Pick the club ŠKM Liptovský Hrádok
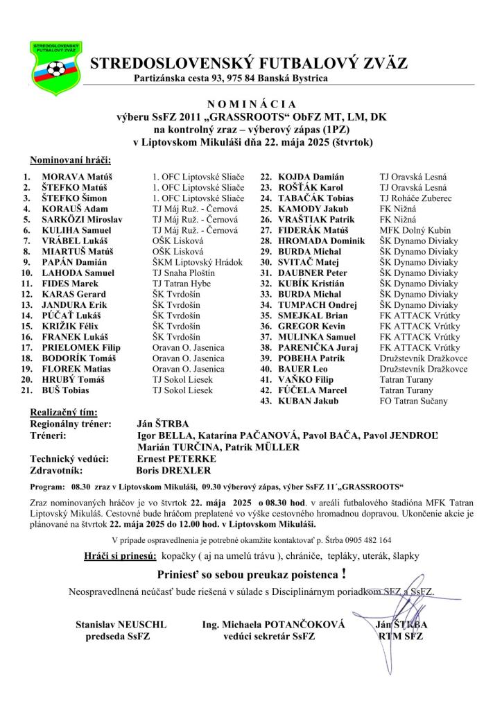tap(198, 262)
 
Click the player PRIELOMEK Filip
tap(81, 347)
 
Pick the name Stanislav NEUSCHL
tap(121, 625)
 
